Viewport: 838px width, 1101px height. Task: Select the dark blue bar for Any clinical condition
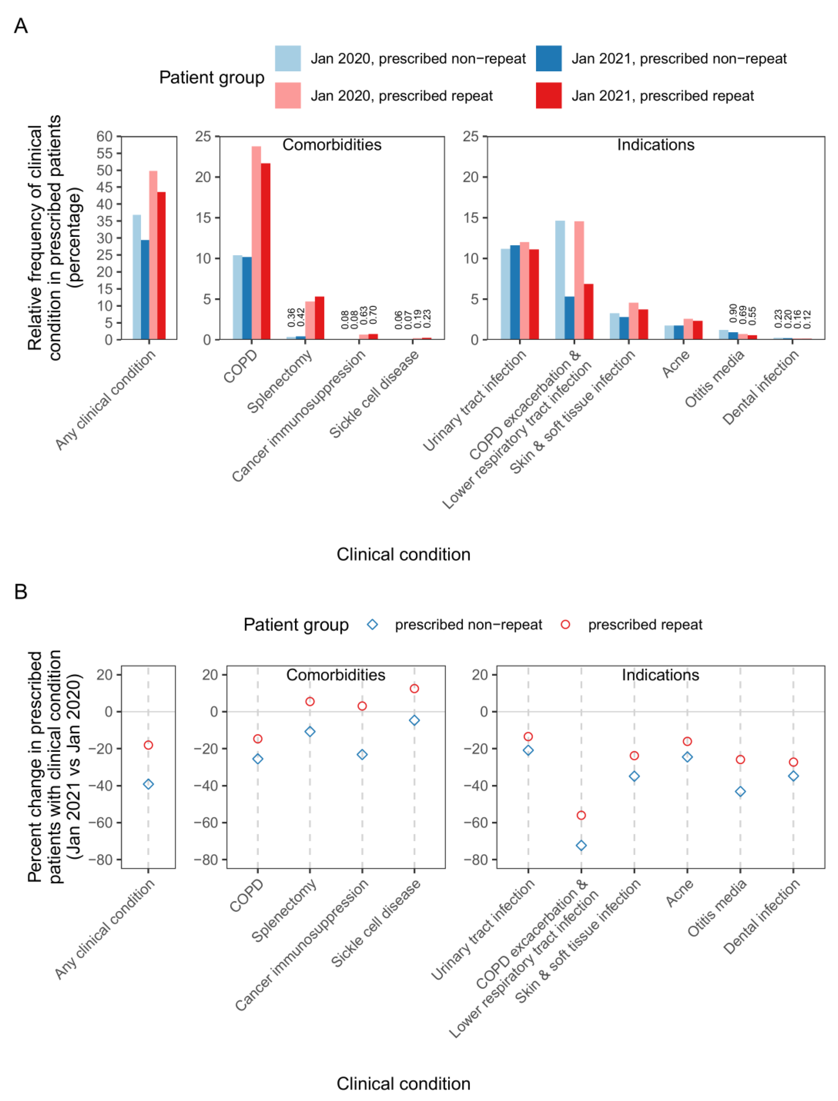[x=145, y=289]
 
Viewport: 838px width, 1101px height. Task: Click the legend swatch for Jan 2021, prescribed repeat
[x=549, y=95]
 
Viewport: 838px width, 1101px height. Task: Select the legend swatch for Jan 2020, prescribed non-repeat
[x=288, y=58]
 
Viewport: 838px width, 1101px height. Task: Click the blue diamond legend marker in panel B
[x=372, y=624]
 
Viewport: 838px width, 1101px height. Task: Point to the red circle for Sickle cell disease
[x=414, y=688]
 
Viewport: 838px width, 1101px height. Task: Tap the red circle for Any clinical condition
[x=148, y=745]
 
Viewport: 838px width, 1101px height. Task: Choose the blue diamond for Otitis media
[x=740, y=791]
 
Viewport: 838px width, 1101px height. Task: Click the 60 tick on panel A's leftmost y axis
[x=105, y=136]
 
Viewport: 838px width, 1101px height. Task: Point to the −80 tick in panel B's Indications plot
[x=477, y=860]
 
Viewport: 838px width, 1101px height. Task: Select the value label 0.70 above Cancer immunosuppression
[x=373, y=315]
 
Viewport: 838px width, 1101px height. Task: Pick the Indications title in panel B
[x=660, y=675]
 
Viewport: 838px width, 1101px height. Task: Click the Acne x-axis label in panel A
[x=676, y=364]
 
